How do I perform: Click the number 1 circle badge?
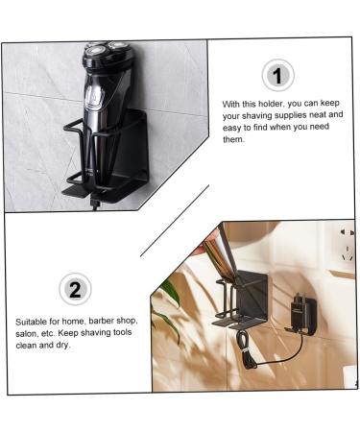[277, 74]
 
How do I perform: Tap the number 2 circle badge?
[75, 288]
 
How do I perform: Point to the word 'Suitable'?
[33, 322]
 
